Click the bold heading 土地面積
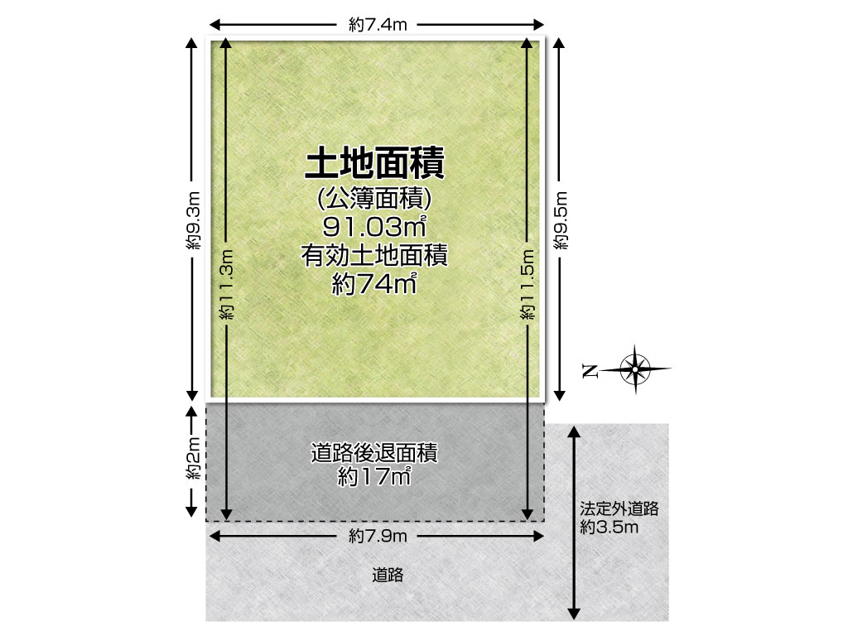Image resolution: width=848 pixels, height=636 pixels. point(375,164)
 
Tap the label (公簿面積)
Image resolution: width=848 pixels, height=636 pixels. point(375,199)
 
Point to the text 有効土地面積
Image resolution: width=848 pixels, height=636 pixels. point(375,257)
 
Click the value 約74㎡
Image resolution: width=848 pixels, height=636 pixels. point(375,285)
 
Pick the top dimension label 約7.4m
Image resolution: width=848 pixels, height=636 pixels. point(378,25)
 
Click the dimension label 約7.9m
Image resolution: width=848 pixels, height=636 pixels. point(378,536)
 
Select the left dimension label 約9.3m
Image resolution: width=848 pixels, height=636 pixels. point(193,221)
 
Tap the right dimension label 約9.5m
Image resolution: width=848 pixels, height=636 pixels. point(561,221)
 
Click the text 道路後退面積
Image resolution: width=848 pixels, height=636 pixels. point(374,453)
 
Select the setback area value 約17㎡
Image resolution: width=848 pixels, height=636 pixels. point(374,477)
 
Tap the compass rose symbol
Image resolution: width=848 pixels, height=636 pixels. point(636,369)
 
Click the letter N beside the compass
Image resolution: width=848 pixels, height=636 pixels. point(590,370)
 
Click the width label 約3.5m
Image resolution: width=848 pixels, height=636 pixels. point(609,528)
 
